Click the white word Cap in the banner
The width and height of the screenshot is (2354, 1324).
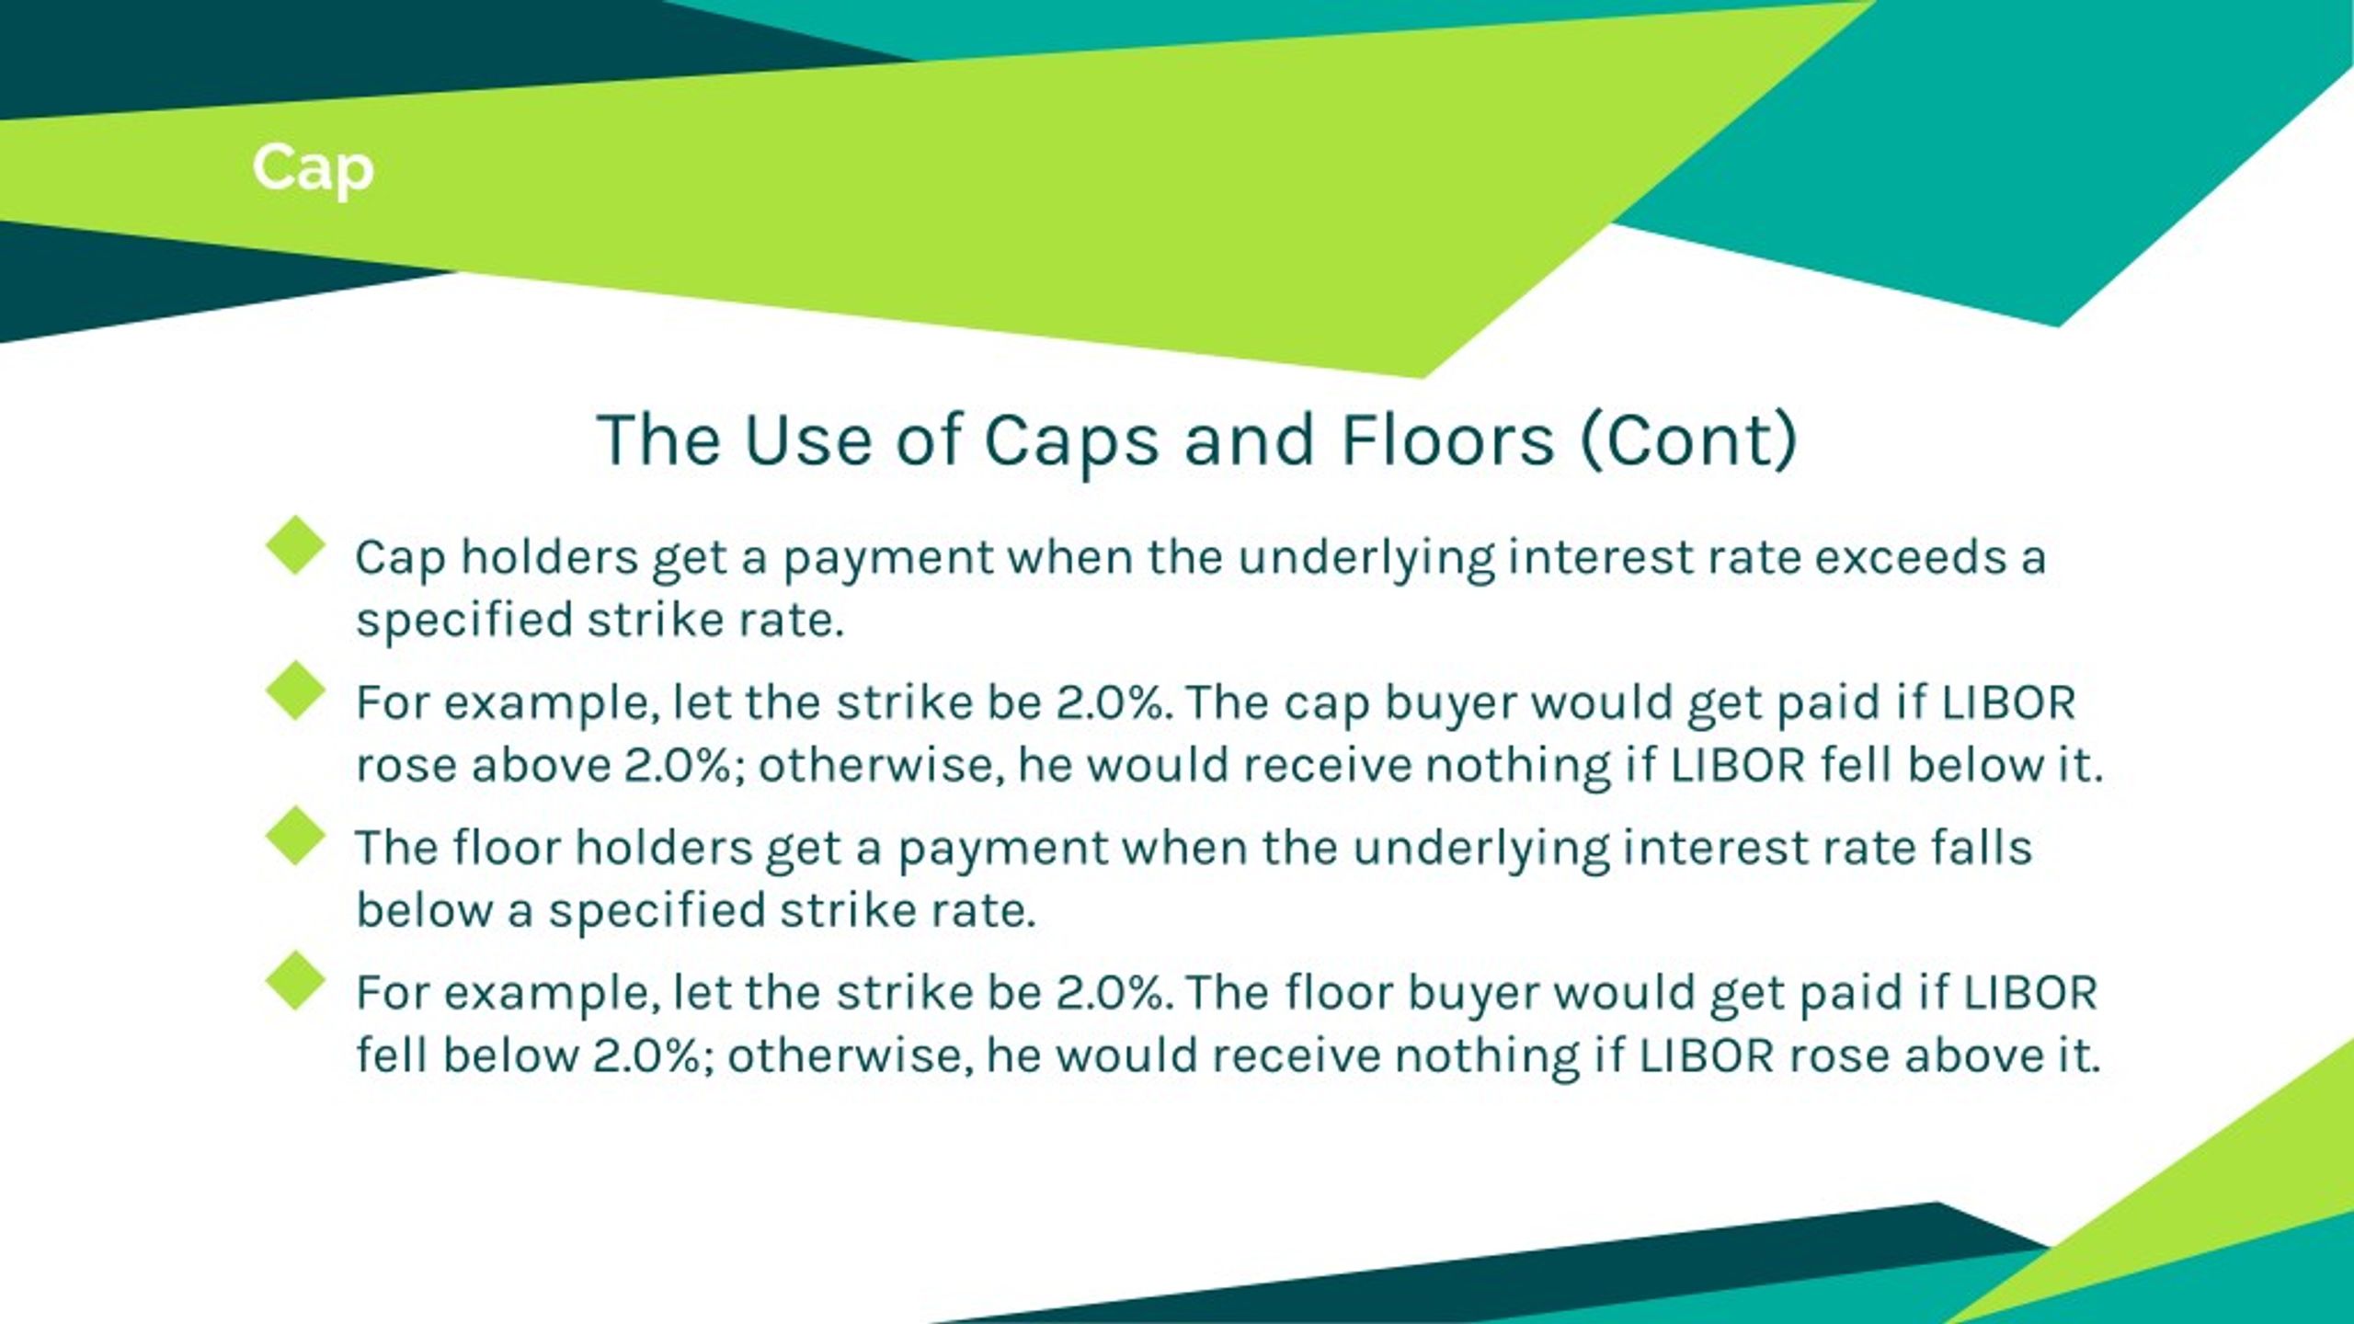pyautogui.click(x=313, y=170)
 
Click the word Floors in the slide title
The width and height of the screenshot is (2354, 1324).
pyautogui.click(x=1447, y=440)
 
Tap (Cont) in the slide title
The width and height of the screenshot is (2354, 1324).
pyautogui.click(x=1688, y=440)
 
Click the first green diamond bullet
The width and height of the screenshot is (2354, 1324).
pyautogui.click(x=295, y=545)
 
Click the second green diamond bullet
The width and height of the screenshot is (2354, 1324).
pyautogui.click(x=295, y=691)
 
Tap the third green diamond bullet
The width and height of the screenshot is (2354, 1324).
pyautogui.click(x=295, y=836)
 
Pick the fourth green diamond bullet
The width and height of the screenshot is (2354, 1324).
pyautogui.click(x=295, y=981)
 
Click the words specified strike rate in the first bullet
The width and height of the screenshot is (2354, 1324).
pyautogui.click(x=599, y=620)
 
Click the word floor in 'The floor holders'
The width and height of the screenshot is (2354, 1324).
pyautogui.click(x=506, y=847)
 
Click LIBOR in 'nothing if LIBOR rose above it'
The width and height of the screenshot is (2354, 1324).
pyautogui.click(x=1707, y=1056)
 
